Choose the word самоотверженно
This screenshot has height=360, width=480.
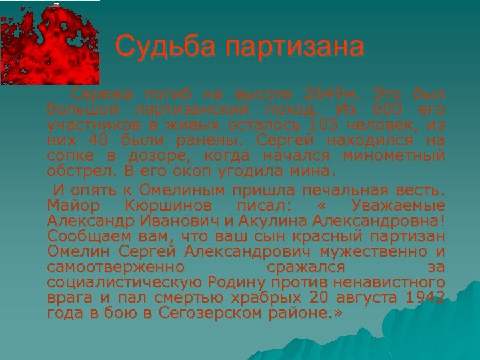[116, 267]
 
